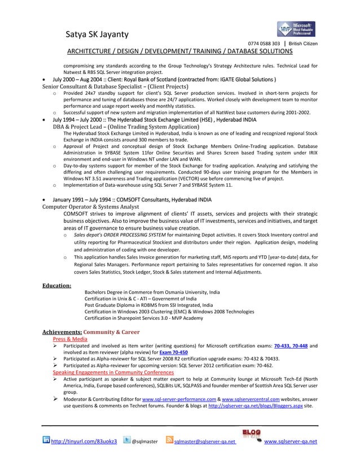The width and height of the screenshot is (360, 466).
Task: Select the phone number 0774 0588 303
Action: pos(264,44)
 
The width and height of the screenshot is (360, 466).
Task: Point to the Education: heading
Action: pos(57,285)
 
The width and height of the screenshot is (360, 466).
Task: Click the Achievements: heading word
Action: pos(63,332)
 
